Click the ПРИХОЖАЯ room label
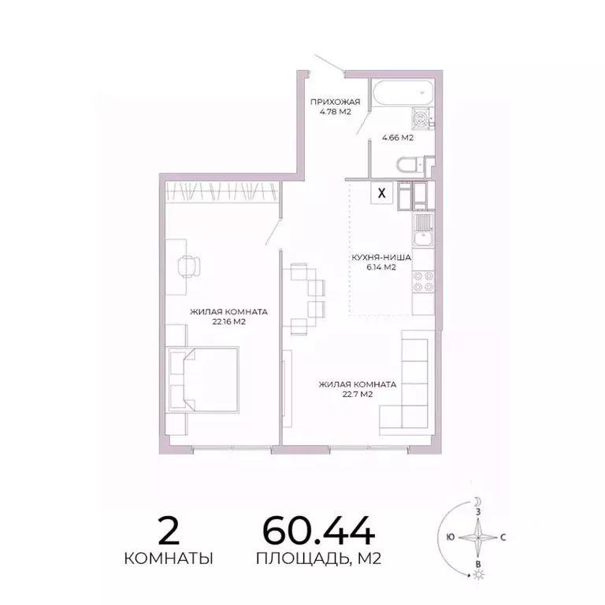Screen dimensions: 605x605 click(x=335, y=102)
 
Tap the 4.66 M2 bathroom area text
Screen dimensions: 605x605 click(x=398, y=138)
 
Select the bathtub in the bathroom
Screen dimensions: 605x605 click(x=401, y=95)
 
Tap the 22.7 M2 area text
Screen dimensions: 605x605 click(x=356, y=395)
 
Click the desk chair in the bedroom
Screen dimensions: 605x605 click(x=189, y=266)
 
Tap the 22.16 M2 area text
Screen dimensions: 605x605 click(x=228, y=321)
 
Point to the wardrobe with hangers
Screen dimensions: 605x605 click(x=222, y=191)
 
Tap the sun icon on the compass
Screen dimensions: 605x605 click(x=477, y=576)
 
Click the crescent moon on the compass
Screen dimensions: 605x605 click(x=477, y=501)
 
